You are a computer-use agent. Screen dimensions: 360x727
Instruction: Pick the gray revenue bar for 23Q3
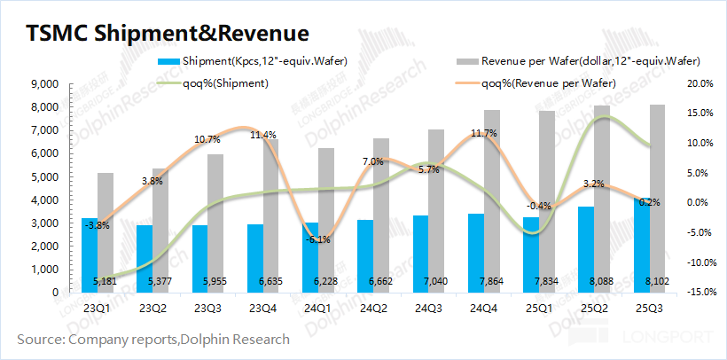pos(215,223)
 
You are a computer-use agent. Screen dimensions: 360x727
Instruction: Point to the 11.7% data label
pos(484,133)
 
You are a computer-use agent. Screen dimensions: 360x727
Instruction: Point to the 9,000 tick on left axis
pos(43,84)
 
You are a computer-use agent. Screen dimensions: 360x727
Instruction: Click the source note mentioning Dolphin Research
pos(153,339)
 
